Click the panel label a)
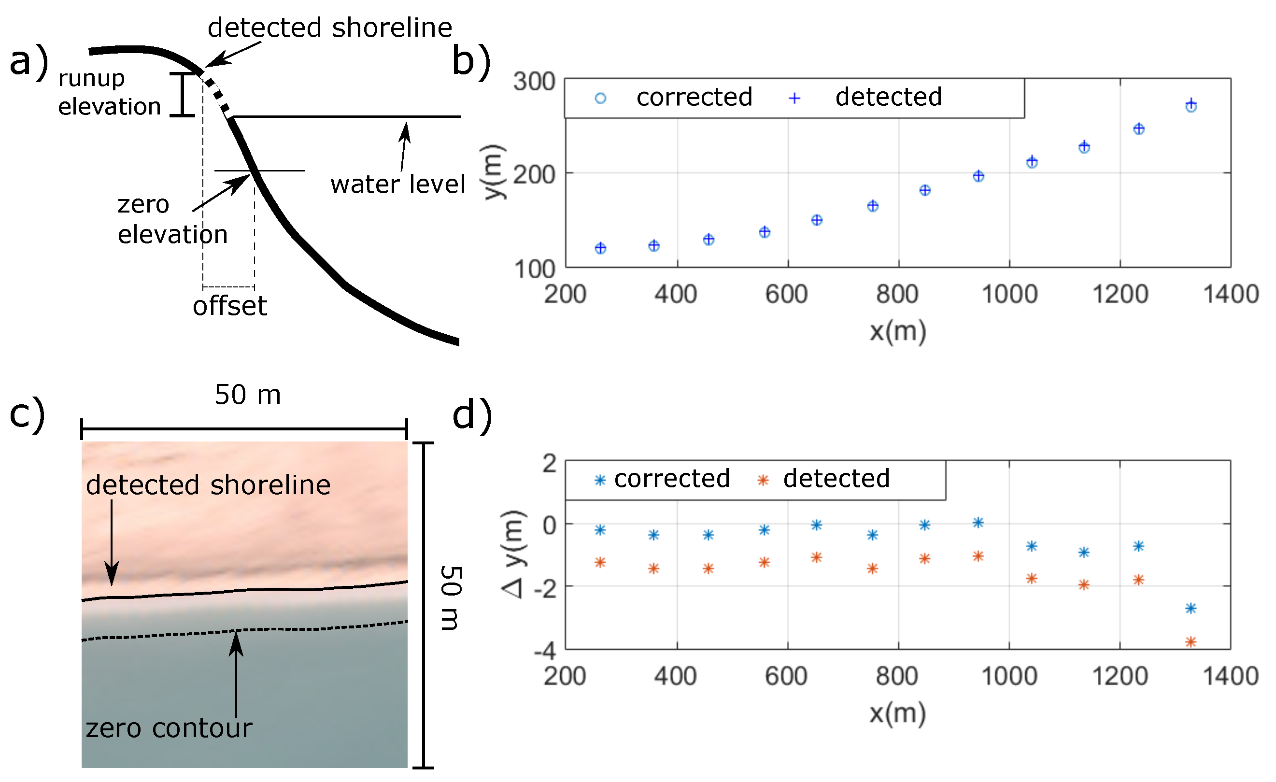tap(29, 61)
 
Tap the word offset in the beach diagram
tap(230, 307)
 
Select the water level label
tap(397, 185)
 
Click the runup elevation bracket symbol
tap(182, 95)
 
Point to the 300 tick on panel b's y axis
tap(534, 82)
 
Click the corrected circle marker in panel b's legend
tap(600, 98)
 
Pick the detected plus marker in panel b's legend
tap(794, 98)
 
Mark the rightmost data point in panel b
tap(1191, 105)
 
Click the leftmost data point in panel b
tap(600, 248)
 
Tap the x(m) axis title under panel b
tap(897, 331)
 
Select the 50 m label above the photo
tap(248, 395)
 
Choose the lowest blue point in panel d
tap(1191, 609)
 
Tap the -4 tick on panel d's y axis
tap(545, 651)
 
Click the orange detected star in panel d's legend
tap(762, 481)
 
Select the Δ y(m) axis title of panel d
tap(514, 554)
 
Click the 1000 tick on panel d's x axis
tap(1009, 676)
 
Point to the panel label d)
tap(472, 415)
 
